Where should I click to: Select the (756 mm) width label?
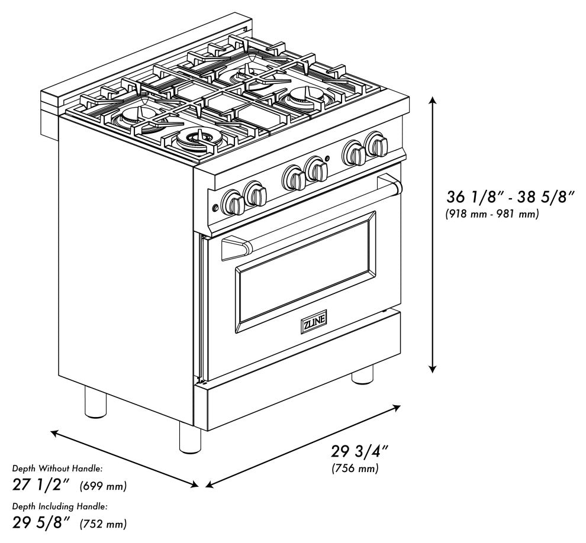point(355,469)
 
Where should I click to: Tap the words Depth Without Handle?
point(57,468)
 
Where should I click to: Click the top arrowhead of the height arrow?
point(433,101)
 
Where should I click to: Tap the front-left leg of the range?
point(189,438)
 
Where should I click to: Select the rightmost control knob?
point(377,145)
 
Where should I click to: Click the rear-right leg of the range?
point(362,374)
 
